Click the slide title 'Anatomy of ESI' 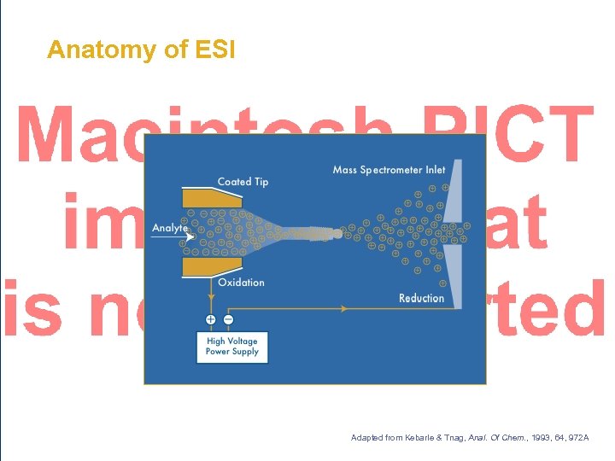click(140, 50)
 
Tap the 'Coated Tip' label click(243, 182)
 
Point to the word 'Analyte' click(170, 228)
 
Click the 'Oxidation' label click(241, 283)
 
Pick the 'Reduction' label click(421, 298)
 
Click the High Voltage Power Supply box click(231, 346)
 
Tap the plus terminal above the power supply click(210, 319)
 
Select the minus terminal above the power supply click(228, 319)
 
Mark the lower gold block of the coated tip click(205, 266)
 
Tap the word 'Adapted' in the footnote click(368, 438)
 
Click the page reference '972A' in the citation click(576, 438)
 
